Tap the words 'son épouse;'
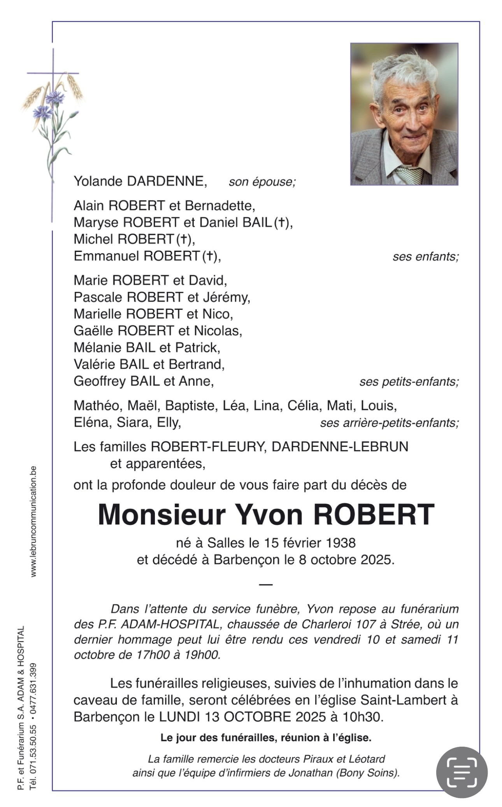click(262, 182)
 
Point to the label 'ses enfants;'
click(425, 257)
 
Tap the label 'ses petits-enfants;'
click(409, 382)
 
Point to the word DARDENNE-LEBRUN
click(340, 447)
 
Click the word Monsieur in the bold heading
click(161, 515)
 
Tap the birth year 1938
click(341, 542)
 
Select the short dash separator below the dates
click(266, 584)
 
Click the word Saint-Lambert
click(403, 700)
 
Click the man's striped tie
click(409, 175)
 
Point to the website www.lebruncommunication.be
click(33, 521)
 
